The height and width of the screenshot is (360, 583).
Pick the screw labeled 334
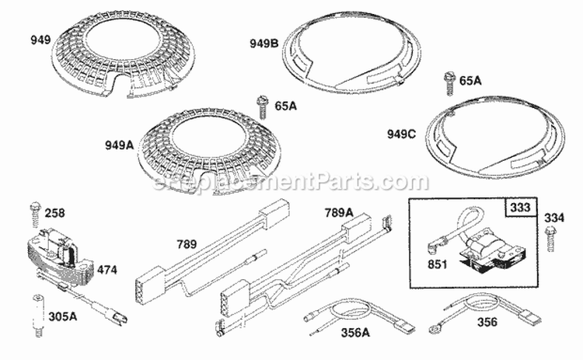coord(553,236)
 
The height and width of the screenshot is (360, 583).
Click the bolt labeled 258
coord(34,211)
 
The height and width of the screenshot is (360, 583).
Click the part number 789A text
coord(340,212)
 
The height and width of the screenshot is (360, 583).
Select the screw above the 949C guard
coord(449,82)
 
